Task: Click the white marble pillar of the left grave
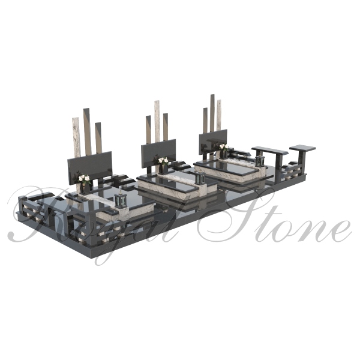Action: click(x=76, y=137)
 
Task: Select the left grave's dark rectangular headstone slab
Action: click(x=90, y=167)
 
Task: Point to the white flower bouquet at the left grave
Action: click(x=84, y=178)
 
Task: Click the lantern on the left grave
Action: click(x=121, y=201)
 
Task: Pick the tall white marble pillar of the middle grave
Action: click(x=157, y=121)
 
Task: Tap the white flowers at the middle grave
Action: click(x=163, y=160)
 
